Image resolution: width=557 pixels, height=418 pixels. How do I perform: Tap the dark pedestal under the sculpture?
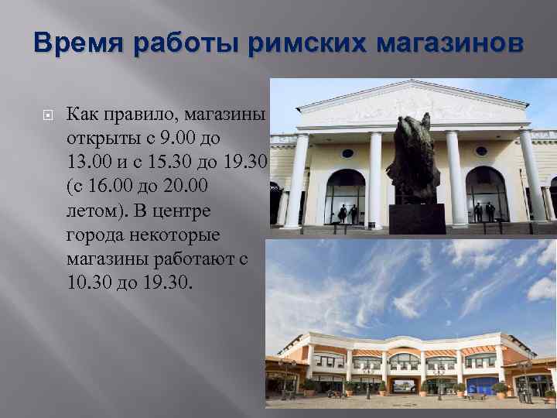(x=416, y=218)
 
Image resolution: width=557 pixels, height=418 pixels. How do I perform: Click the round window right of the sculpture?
(x=480, y=152)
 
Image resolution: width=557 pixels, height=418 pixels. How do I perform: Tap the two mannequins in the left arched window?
(x=347, y=213)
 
